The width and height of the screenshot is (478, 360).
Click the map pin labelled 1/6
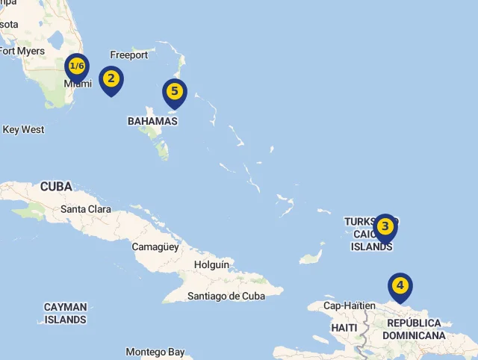76,67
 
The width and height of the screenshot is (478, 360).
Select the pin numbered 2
111,78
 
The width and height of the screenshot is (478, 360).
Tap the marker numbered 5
174,92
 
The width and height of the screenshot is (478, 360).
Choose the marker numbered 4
400,285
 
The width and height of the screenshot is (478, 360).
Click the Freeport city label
128,55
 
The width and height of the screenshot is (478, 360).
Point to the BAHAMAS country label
152,121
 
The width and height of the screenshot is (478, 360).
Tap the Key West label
23,129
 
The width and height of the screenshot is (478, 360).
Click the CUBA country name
56,186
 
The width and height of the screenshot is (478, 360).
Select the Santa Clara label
85,209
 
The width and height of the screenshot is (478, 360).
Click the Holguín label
211,264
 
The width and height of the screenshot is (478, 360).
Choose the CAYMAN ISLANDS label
65,313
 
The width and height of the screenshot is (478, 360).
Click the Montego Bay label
155,352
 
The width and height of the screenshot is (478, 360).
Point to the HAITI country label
344,328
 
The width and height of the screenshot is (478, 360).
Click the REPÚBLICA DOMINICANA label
414,329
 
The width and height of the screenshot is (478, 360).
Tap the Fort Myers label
22,51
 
